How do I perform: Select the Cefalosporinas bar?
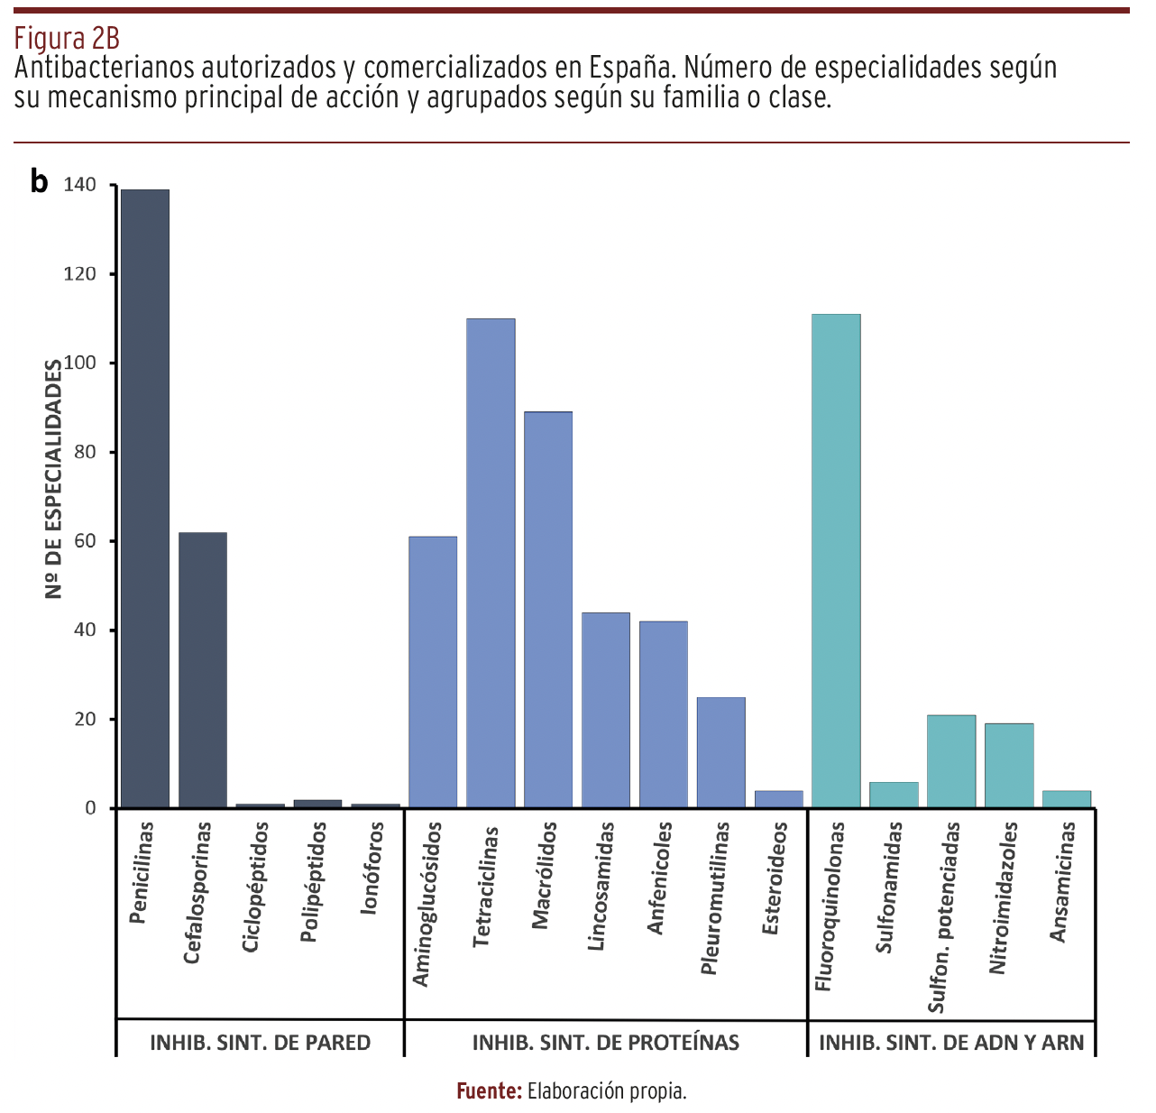coord(203,669)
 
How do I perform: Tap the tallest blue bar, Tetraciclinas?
coord(491,563)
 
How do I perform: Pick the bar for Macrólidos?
coord(548,609)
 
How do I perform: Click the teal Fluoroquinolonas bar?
coord(836,560)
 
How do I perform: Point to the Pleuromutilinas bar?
coord(721,752)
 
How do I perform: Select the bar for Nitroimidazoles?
coord(1009,765)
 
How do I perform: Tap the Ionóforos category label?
coord(372,868)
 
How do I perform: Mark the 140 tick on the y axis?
coord(79,185)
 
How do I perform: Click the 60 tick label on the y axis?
coord(84,541)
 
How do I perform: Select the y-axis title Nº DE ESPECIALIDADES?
coord(54,479)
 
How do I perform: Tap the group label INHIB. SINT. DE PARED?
coord(260,1043)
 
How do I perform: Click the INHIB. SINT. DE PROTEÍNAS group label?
coord(606,1043)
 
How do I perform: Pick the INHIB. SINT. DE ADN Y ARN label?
coord(951,1043)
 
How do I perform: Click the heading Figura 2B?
coord(67,39)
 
